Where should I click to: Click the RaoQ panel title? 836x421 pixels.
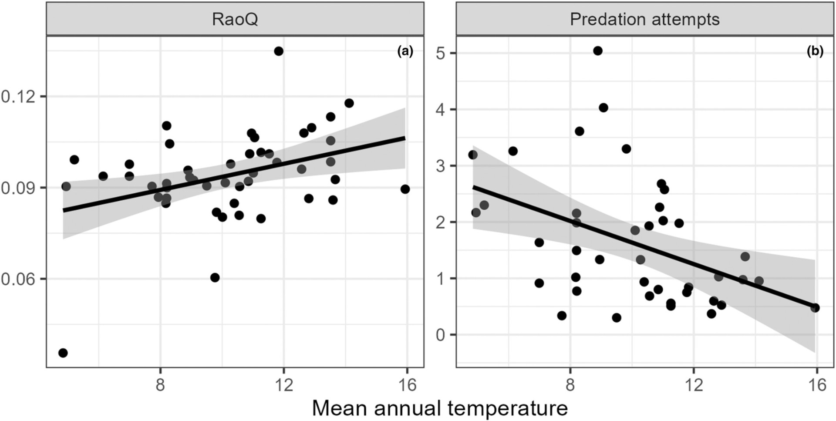coord(235,20)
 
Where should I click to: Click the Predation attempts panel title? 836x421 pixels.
coord(644,20)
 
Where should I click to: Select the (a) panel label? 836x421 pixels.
coord(405,51)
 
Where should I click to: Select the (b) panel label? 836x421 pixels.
coord(815,51)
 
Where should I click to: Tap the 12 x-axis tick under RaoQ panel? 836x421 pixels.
coord(284,385)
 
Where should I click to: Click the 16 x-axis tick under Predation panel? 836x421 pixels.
coord(817,385)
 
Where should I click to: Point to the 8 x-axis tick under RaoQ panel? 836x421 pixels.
coord(160,385)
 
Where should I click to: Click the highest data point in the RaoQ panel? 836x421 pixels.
coord(279,51)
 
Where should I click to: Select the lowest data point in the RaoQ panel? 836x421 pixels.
coord(63,353)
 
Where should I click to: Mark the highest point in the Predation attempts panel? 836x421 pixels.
coord(598,51)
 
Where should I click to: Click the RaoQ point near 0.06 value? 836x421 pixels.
coord(215,278)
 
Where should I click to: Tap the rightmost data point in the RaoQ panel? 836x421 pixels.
coord(405,189)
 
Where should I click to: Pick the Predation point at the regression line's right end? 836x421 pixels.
coord(815,308)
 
